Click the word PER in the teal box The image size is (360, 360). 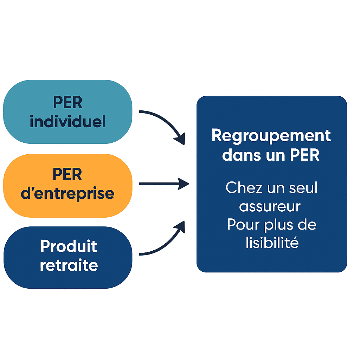67,102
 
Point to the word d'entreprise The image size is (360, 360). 67,193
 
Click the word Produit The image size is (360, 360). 69,246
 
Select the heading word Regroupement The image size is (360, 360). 271,136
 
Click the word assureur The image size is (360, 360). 270,206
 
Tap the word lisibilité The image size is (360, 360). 272,243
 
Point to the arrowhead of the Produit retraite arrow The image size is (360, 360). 180,226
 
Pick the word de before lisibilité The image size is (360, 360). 308,225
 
